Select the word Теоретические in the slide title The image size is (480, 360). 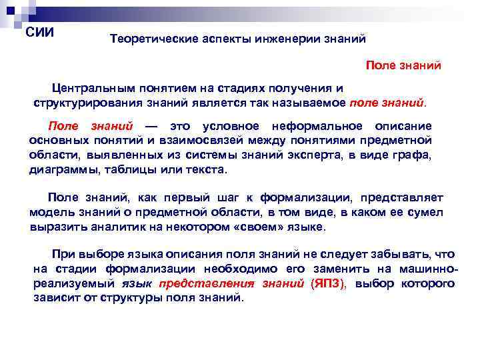click(x=147, y=39)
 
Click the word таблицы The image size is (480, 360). click(x=137, y=170)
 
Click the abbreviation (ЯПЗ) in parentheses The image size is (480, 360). click(x=329, y=283)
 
